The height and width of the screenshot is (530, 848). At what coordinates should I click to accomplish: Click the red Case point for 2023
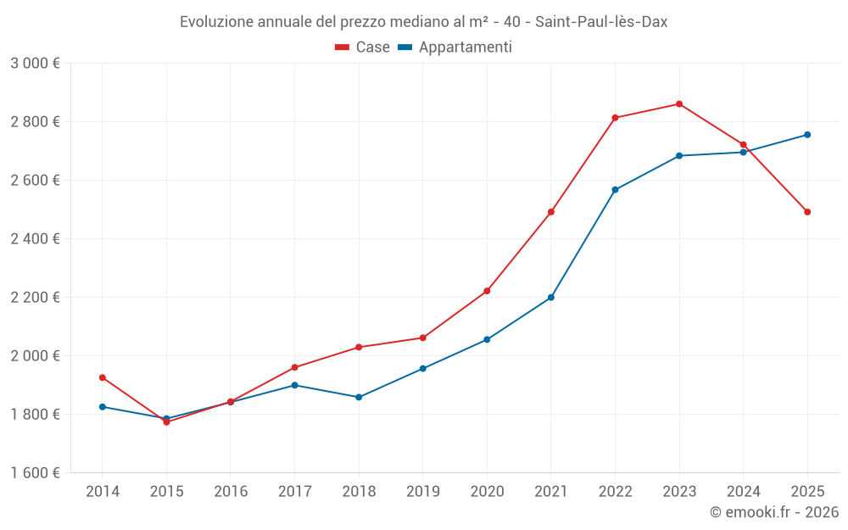pos(679,104)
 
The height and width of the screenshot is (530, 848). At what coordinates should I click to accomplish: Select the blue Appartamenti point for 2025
pos(807,135)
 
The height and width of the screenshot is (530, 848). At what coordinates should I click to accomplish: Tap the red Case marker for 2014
pos(103,377)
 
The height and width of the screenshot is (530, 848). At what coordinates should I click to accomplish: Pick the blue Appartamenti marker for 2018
pos(359,397)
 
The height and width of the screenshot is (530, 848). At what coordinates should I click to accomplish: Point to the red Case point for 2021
pos(551,212)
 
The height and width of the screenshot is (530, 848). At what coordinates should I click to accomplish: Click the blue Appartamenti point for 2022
pos(615,190)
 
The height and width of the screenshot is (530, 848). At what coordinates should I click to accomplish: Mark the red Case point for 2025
pos(807,212)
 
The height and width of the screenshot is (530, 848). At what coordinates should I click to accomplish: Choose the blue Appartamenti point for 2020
pos(487,340)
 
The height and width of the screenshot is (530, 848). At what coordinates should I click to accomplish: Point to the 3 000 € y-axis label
pos(35,64)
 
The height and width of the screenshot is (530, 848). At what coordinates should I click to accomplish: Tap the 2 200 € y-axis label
pos(35,298)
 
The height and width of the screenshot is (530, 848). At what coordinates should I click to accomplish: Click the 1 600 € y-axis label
pos(35,473)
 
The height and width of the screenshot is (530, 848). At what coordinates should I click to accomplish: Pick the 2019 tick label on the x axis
pos(423,492)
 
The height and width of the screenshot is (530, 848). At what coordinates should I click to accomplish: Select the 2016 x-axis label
pos(231,492)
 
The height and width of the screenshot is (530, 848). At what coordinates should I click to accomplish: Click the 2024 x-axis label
pos(743,492)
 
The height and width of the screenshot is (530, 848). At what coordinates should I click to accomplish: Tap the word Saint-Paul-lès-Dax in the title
pos(601,22)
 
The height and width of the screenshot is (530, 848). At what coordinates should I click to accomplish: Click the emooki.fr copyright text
pos(773,512)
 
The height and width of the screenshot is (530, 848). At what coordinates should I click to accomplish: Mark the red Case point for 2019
pos(423,338)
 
